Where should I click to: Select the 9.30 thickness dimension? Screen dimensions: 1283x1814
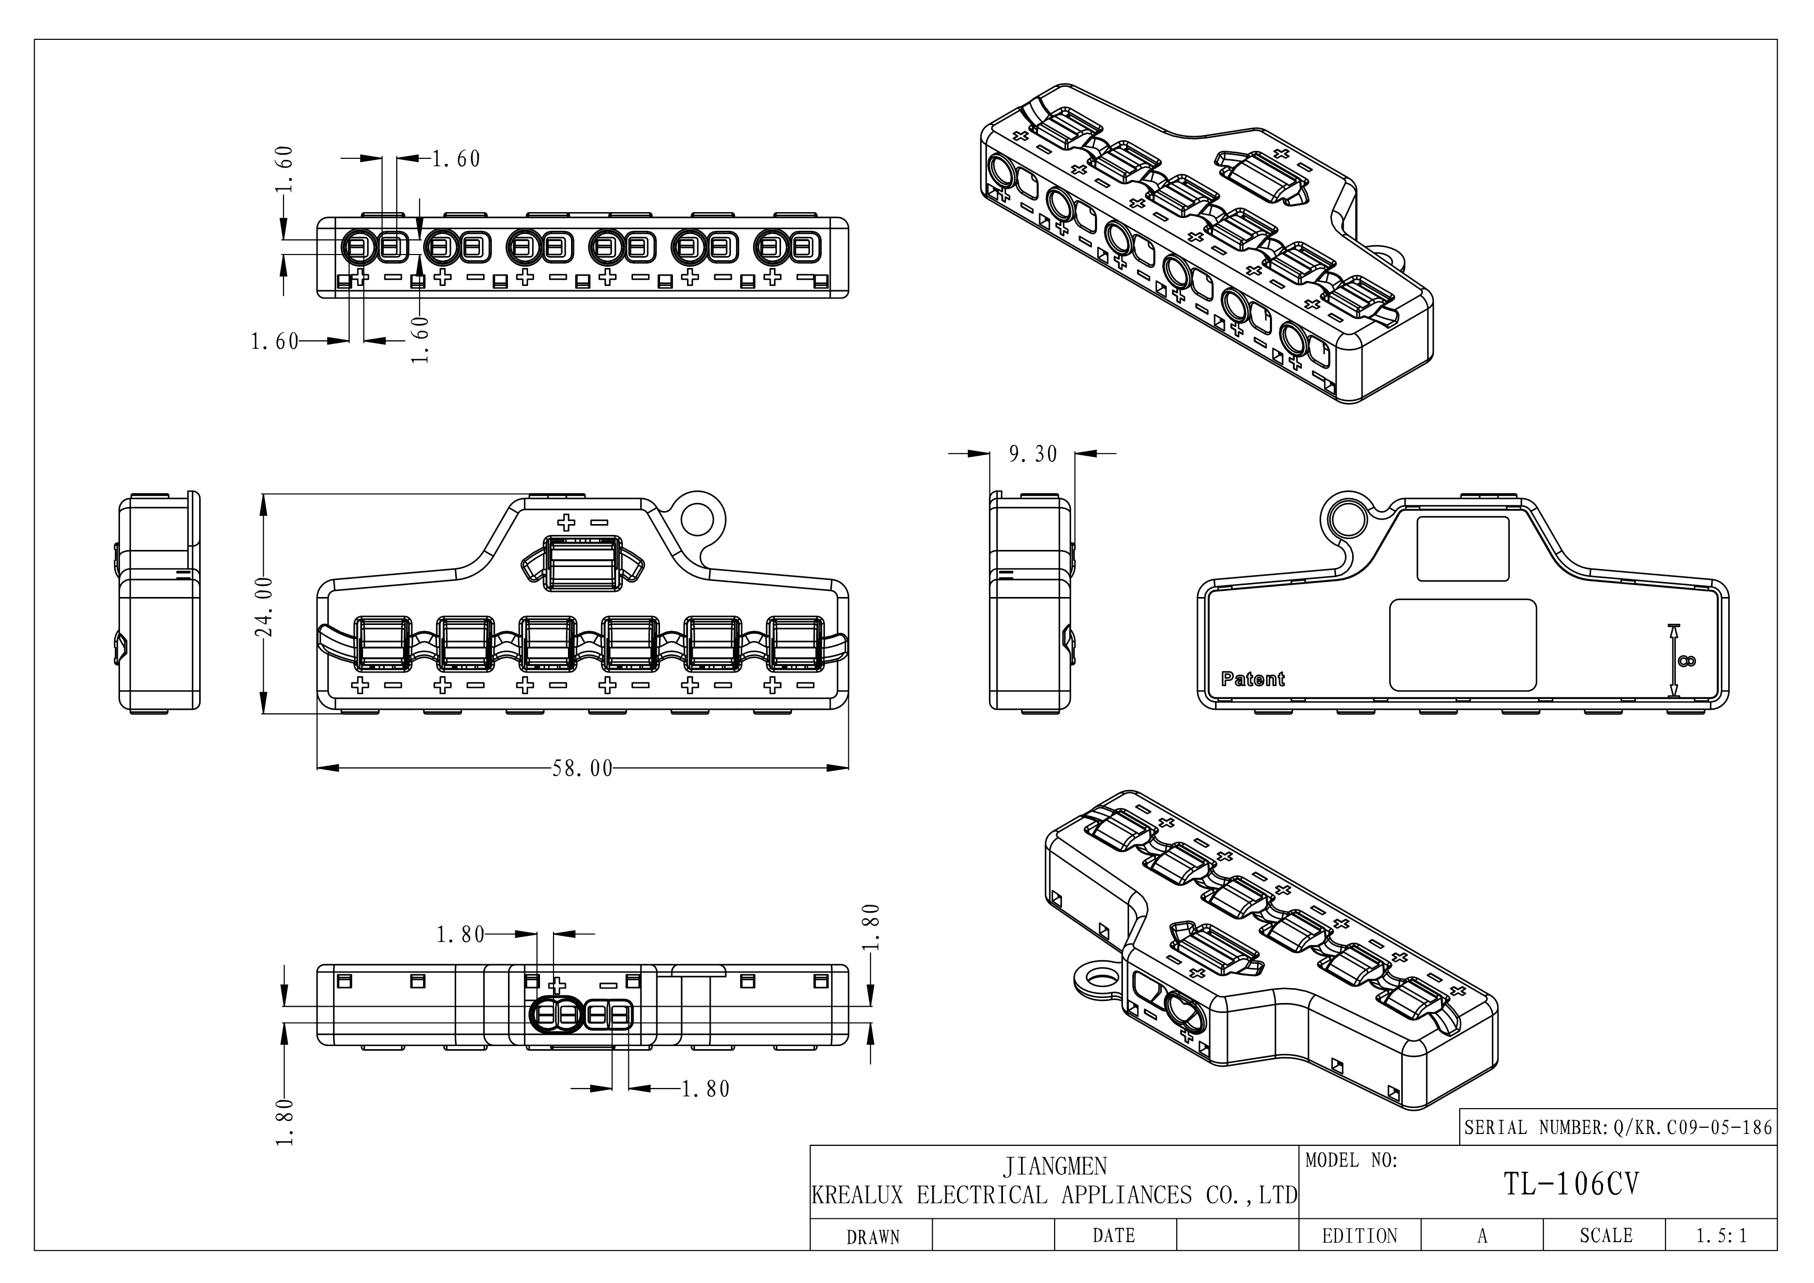point(1032,454)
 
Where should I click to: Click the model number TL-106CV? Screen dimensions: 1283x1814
point(1571,1184)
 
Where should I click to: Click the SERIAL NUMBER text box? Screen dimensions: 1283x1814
point(1618,1127)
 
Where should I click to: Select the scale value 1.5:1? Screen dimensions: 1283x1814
point(1721,1235)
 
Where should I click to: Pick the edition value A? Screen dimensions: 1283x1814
point(1482,1235)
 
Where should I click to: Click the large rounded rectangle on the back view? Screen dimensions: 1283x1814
point(1462,645)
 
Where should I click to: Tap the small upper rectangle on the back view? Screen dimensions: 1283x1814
point(1462,549)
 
